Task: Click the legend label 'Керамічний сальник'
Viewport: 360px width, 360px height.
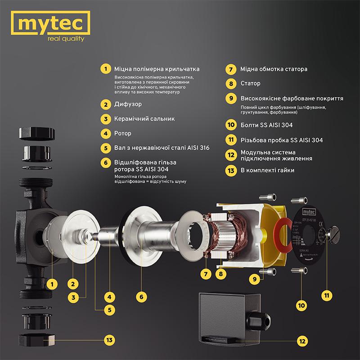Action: pos(144,119)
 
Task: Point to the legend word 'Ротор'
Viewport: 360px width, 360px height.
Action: pos(124,133)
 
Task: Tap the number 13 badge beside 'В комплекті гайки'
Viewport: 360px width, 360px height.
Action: pos(230,170)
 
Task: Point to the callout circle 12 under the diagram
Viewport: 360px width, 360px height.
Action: pos(302,340)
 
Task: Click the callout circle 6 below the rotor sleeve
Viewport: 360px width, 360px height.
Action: pos(141,297)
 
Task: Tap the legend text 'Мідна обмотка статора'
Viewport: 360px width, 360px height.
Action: pos(274,70)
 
